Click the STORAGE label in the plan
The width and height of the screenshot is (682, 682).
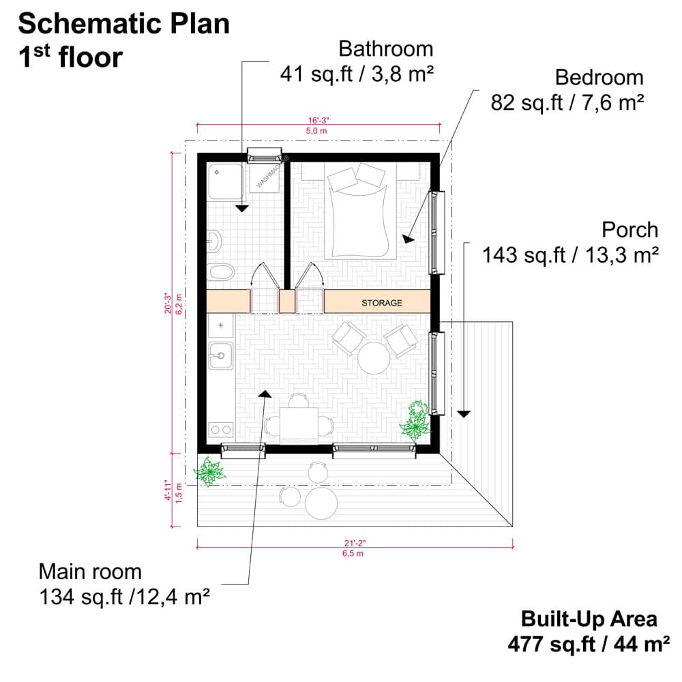click(x=381, y=303)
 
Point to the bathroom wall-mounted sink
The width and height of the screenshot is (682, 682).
click(x=214, y=239)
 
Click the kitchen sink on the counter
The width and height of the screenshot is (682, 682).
click(x=220, y=355)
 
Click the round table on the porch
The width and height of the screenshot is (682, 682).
click(x=321, y=504)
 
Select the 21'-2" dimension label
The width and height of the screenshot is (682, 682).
click(x=354, y=544)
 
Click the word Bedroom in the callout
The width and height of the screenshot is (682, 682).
click(x=599, y=76)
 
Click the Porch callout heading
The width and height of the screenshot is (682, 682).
click(x=629, y=229)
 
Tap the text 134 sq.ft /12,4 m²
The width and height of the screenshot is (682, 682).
click(x=123, y=597)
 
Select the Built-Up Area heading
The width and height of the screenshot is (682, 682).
click(x=589, y=619)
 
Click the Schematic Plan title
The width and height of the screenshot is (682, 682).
click(x=123, y=24)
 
